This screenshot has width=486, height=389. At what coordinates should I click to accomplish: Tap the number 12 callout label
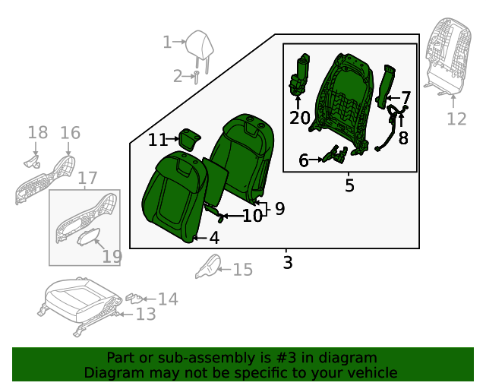(456, 119)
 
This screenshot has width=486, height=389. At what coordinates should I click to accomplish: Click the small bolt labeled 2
(195, 76)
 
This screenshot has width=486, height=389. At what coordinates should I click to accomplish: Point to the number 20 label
(300, 117)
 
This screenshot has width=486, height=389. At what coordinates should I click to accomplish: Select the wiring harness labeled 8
(393, 125)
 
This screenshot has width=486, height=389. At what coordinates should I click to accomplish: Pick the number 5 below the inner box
(349, 185)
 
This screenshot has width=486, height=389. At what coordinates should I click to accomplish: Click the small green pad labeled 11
(188, 139)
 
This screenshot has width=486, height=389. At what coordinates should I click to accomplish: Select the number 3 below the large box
(287, 263)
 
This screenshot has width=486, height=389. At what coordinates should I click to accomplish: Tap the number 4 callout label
(214, 238)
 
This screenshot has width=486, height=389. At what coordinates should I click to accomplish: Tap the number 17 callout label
(88, 179)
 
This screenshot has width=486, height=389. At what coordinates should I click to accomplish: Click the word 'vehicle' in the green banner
(371, 372)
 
